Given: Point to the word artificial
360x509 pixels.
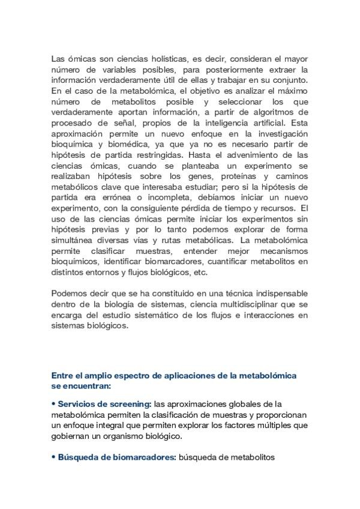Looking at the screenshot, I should [266, 123].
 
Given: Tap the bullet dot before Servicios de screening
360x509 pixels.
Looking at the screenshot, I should [53, 404].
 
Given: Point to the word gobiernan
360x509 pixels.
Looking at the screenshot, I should [72, 436].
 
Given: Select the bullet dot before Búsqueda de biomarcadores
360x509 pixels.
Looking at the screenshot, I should [53, 457].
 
